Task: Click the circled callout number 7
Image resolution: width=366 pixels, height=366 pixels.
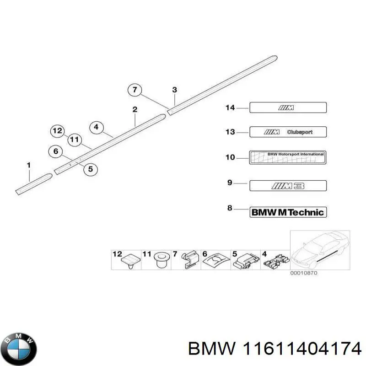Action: coord(134,90)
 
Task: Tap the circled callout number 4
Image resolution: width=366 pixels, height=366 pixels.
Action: coord(96,128)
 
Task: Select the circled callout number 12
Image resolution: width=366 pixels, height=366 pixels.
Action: coord(57,131)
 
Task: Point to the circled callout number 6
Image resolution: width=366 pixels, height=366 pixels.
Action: coord(56,151)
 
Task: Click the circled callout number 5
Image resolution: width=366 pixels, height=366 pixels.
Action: coord(90,169)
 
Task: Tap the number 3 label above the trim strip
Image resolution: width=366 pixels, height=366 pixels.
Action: coord(174,90)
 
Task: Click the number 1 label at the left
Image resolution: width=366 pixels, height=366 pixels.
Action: coord(28,165)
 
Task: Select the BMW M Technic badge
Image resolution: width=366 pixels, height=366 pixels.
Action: coord(288,212)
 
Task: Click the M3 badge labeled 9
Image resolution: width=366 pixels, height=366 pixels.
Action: coord(288,186)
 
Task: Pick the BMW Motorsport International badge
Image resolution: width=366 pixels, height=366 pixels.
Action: coord(288,157)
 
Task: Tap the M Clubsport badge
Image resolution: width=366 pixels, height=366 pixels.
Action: coord(288,132)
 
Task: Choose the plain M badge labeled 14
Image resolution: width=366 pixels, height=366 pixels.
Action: coord(288,108)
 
